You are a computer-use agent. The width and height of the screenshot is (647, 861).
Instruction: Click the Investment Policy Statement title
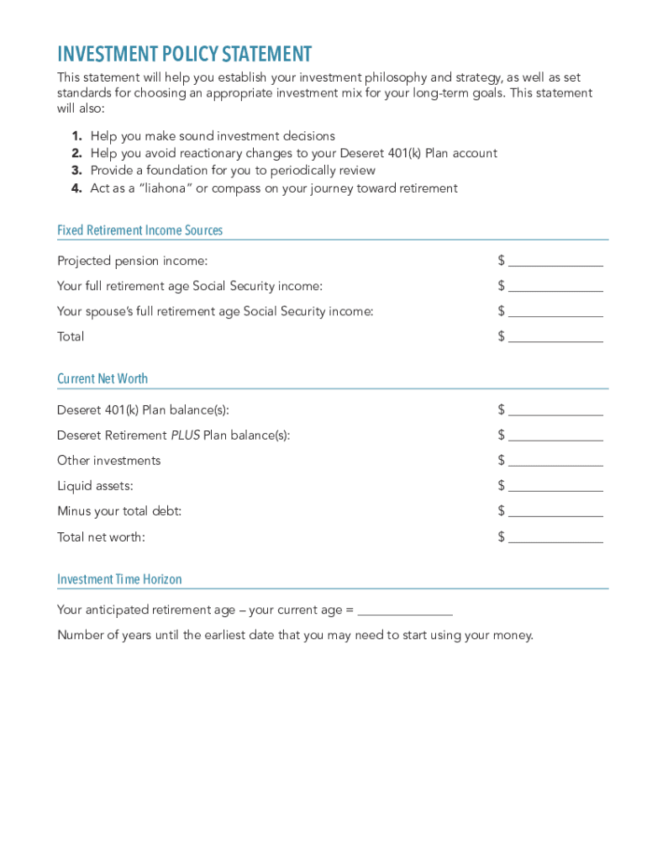coord(184,55)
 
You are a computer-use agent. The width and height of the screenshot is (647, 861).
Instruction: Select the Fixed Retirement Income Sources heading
coord(139,230)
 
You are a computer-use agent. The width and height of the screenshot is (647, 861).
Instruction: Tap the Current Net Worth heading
coord(103,379)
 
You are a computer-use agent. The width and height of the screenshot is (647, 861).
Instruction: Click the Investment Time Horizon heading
coord(119,579)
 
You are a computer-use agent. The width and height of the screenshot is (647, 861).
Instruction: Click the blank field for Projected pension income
coord(555,261)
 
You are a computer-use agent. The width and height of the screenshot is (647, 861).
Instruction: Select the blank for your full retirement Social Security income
coord(555,287)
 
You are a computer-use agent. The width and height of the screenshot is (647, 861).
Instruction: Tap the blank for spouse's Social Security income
coord(555,312)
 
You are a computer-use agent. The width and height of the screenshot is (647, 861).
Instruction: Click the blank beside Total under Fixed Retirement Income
coord(555,337)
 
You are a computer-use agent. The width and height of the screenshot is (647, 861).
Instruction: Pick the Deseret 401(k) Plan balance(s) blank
coord(555,410)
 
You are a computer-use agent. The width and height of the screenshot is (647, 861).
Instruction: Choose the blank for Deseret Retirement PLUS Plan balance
coord(555,436)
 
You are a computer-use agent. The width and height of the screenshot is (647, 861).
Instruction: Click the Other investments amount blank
coord(555,461)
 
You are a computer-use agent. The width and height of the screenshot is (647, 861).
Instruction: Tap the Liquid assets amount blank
coord(555,486)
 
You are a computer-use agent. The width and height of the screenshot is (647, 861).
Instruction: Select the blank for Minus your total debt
coord(555,511)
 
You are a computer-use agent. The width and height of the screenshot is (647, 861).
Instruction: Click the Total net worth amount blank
coord(555,537)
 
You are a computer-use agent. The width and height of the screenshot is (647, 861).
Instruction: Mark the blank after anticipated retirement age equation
coord(405,610)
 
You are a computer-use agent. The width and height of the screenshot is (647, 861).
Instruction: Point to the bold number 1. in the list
coord(76,136)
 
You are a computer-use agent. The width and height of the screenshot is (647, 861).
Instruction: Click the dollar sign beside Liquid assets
coord(501,485)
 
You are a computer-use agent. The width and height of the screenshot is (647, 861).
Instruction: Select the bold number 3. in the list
coord(76,171)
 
